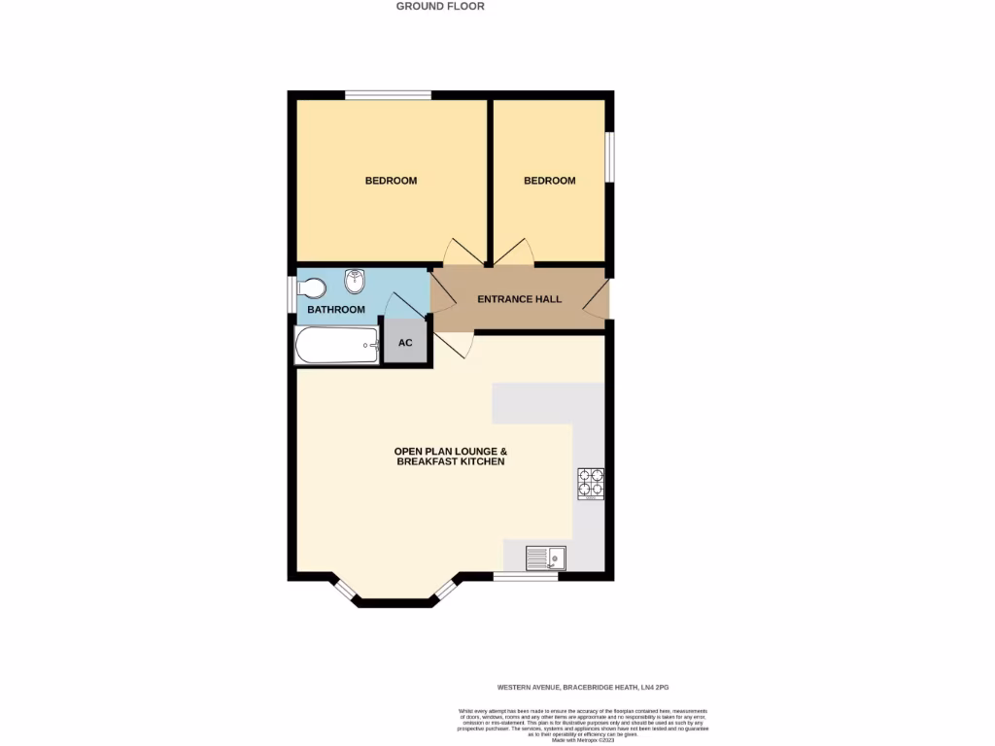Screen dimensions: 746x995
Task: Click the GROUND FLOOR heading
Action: pyautogui.click(x=439, y=6)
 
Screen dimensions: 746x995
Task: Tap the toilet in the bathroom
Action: pyautogui.click(x=312, y=288)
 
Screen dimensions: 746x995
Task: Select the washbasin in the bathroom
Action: pyautogui.click(x=354, y=282)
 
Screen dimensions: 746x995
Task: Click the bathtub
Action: pyautogui.click(x=336, y=345)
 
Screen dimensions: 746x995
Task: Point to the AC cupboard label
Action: pyautogui.click(x=405, y=343)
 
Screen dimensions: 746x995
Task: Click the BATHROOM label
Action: pyautogui.click(x=336, y=310)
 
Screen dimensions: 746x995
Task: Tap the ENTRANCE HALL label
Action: pyautogui.click(x=519, y=299)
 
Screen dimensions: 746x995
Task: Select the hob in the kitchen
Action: pyautogui.click(x=591, y=484)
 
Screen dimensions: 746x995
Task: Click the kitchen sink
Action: pyautogui.click(x=546, y=558)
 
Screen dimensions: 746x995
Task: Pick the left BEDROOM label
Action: pyautogui.click(x=391, y=181)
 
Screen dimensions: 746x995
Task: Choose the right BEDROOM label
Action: pyautogui.click(x=549, y=181)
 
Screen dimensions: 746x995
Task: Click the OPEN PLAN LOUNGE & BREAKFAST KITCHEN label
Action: pyautogui.click(x=451, y=457)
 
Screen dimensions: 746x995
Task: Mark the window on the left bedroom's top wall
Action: pyautogui.click(x=388, y=95)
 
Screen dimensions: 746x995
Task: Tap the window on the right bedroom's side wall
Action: pyautogui.click(x=610, y=155)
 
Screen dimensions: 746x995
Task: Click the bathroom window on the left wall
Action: pyautogui.click(x=292, y=294)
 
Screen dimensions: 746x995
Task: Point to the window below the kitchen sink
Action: pyautogui.click(x=525, y=577)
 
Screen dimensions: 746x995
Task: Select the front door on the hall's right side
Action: pyautogui.click(x=597, y=298)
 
